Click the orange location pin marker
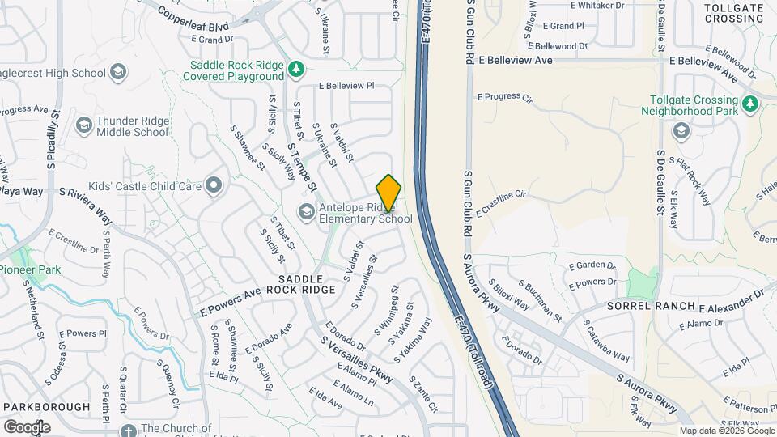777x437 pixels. tap(388, 193)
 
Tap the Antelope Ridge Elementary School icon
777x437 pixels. tap(306, 212)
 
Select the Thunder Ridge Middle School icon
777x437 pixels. tap(83, 125)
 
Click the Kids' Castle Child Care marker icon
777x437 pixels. tap(214, 186)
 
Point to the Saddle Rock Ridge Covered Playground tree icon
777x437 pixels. tap(297, 70)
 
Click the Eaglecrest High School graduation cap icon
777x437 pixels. tap(119, 73)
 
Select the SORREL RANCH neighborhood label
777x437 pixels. tap(651, 306)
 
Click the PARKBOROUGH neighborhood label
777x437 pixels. tap(45, 406)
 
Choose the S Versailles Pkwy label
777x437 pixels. tap(356, 359)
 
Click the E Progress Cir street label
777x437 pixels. tap(504, 97)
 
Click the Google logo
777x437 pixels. tap(27, 426)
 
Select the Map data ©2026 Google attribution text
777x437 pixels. tap(726, 431)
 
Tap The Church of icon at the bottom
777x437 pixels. tap(127, 430)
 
